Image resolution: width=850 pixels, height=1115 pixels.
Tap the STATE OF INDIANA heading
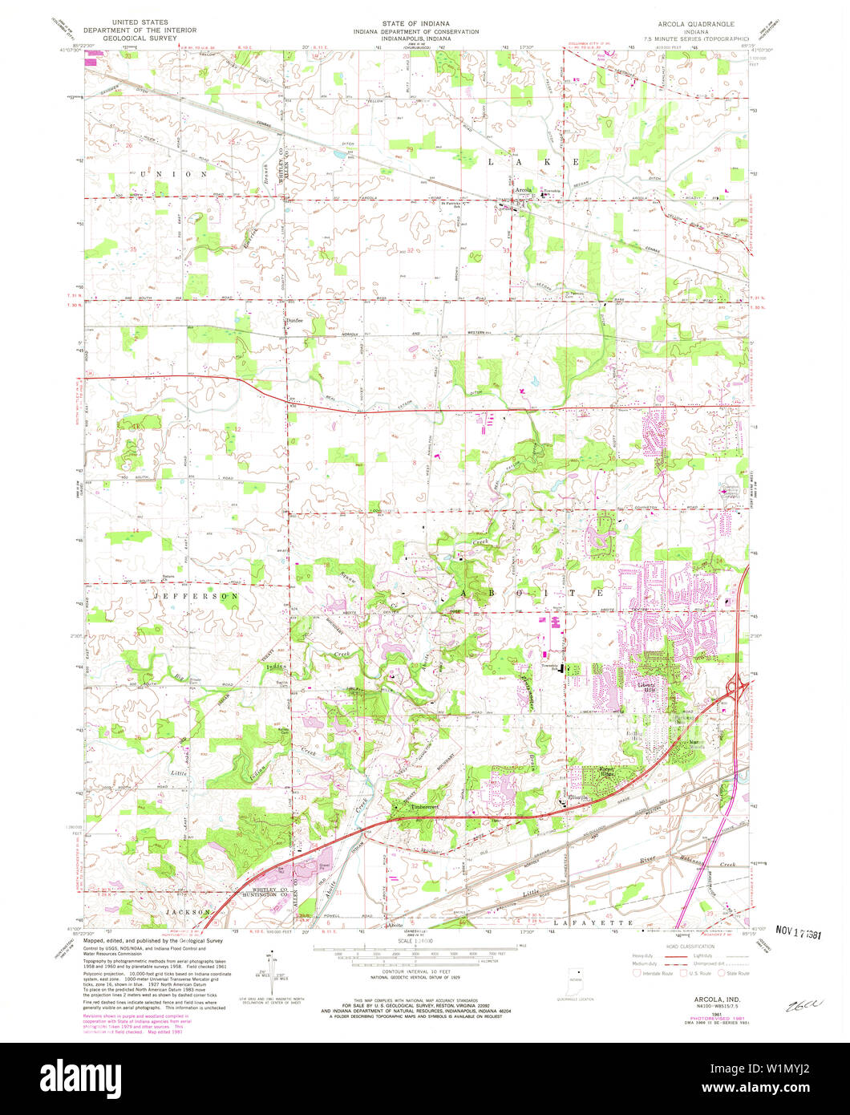click(425, 23)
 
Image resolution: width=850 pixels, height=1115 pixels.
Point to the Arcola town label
click(524, 190)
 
